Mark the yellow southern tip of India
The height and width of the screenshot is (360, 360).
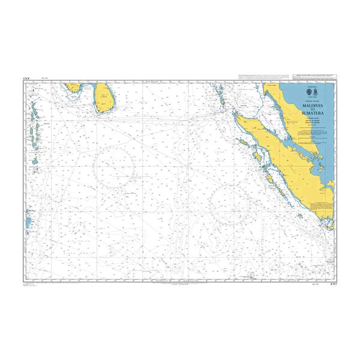(x=74, y=87)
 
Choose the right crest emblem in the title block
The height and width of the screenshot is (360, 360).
(x=316, y=92)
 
